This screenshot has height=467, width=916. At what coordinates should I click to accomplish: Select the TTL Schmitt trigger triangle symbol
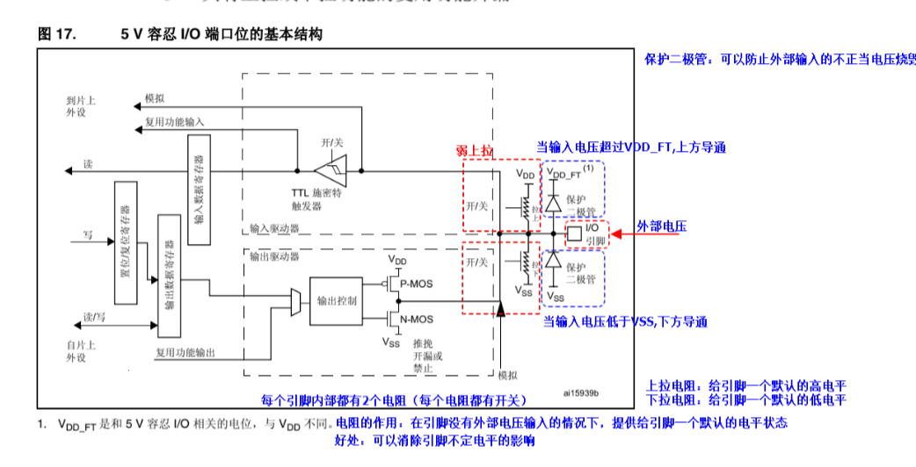(x=332, y=169)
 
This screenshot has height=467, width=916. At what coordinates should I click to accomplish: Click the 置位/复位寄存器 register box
(x=125, y=241)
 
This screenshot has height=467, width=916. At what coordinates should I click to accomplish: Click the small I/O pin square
(x=572, y=233)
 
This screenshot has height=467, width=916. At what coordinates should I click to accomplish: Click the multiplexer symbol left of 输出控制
(x=295, y=301)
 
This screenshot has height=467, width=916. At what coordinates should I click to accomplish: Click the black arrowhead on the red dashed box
(x=499, y=308)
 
